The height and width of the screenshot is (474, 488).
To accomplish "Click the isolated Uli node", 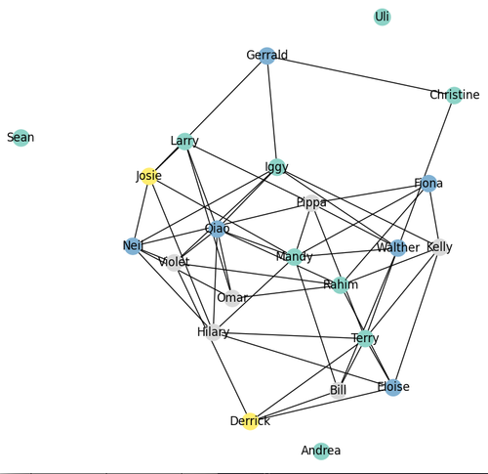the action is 382,17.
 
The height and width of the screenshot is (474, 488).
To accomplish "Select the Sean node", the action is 20,138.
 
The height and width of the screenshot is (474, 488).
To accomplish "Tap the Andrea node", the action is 321,452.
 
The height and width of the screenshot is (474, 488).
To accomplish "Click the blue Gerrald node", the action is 267,56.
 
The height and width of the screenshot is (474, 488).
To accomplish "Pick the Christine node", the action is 454,96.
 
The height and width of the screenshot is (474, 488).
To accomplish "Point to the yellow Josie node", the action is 149,176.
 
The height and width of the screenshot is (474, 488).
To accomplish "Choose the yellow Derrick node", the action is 250,421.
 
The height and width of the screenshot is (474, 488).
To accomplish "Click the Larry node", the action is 184,142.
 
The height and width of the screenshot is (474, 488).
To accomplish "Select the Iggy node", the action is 277,167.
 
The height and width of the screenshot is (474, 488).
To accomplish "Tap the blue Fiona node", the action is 428,184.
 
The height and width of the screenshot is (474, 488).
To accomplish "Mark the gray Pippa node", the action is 311,203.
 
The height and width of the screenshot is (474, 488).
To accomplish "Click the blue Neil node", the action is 133,246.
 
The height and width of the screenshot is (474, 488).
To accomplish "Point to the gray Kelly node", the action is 439,247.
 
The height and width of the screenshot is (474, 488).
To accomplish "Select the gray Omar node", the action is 232,298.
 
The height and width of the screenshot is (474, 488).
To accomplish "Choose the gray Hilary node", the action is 213,332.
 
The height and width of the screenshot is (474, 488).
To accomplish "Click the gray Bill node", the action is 338,390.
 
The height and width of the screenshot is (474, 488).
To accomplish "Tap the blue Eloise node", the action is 393,387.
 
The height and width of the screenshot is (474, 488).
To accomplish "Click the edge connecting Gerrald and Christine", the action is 360,75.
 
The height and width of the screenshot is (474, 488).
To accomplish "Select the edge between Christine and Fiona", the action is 441,140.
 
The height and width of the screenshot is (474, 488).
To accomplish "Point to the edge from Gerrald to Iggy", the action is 272,111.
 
